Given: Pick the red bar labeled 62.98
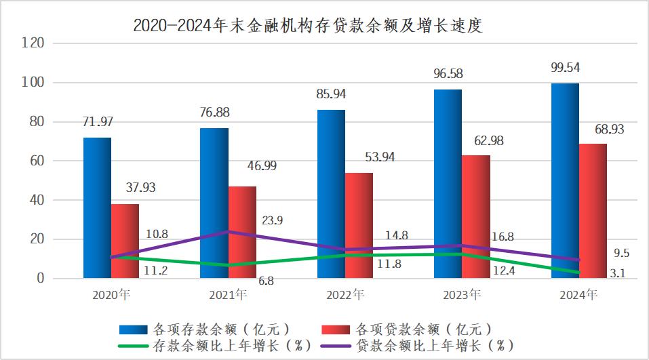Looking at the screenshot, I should pyautogui.click(x=476, y=216).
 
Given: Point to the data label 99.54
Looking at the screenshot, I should pyautogui.click(x=566, y=67).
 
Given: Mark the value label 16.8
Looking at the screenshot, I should pyautogui.click(x=501, y=237).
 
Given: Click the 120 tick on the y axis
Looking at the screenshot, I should pyautogui.click(x=33, y=43).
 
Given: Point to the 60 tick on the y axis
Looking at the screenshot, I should pyautogui.click(x=36, y=161).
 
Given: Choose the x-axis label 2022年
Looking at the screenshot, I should pyautogui.click(x=346, y=296).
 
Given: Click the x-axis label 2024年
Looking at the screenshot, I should pyautogui.click(x=580, y=296).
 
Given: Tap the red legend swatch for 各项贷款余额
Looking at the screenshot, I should pyautogui.click(x=332, y=329).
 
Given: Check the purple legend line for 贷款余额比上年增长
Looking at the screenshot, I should pyautogui.click(x=332, y=346).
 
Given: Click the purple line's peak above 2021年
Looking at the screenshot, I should pyautogui.click(x=228, y=232).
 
